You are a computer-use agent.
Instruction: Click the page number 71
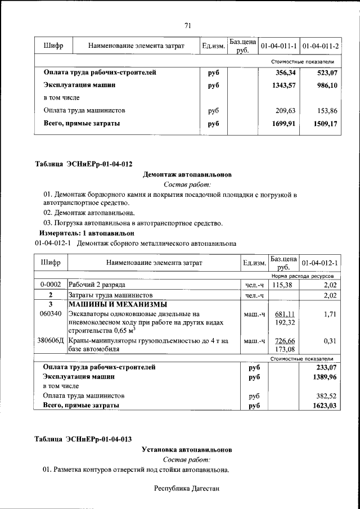click(x=188, y=25)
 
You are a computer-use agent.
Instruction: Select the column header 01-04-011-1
click(x=278, y=46)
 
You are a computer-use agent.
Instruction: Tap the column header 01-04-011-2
click(x=320, y=46)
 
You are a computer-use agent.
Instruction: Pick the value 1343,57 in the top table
click(x=283, y=85)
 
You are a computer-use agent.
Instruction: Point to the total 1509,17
click(x=326, y=123)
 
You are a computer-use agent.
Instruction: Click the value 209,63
click(x=285, y=111)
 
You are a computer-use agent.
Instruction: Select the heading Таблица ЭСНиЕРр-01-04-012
click(x=83, y=164)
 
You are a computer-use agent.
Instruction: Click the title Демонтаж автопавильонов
click(x=187, y=175)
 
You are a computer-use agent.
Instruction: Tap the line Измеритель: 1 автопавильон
click(x=87, y=233)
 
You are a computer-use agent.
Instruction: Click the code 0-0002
click(x=51, y=285)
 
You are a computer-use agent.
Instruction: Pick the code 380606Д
click(x=51, y=341)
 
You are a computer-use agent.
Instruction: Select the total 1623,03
click(x=325, y=405)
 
